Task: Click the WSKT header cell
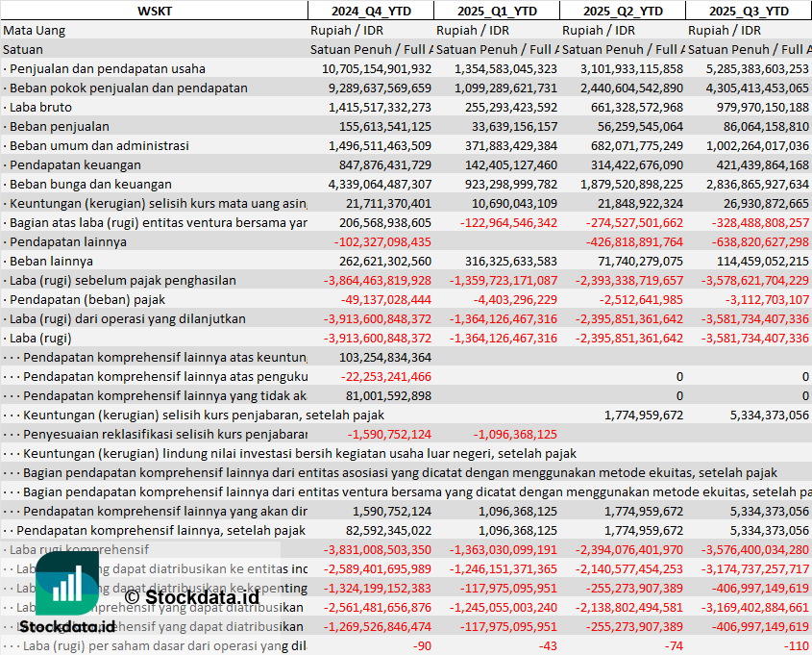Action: pyautogui.click(x=154, y=11)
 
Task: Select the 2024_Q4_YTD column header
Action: pyautogui.click(x=370, y=11)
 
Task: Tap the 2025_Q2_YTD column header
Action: pyautogui.click(x=623, y=11)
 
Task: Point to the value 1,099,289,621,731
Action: pyautogui.click(x=497, y=88)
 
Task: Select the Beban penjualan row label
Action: pyautogui.click(x=59, y=126)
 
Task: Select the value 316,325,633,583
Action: pyautogui.click(x=497, y=261)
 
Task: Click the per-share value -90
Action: pyautogui.click(x=422, y=645)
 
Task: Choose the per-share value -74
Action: pyautogui.click(x=673, y=645)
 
